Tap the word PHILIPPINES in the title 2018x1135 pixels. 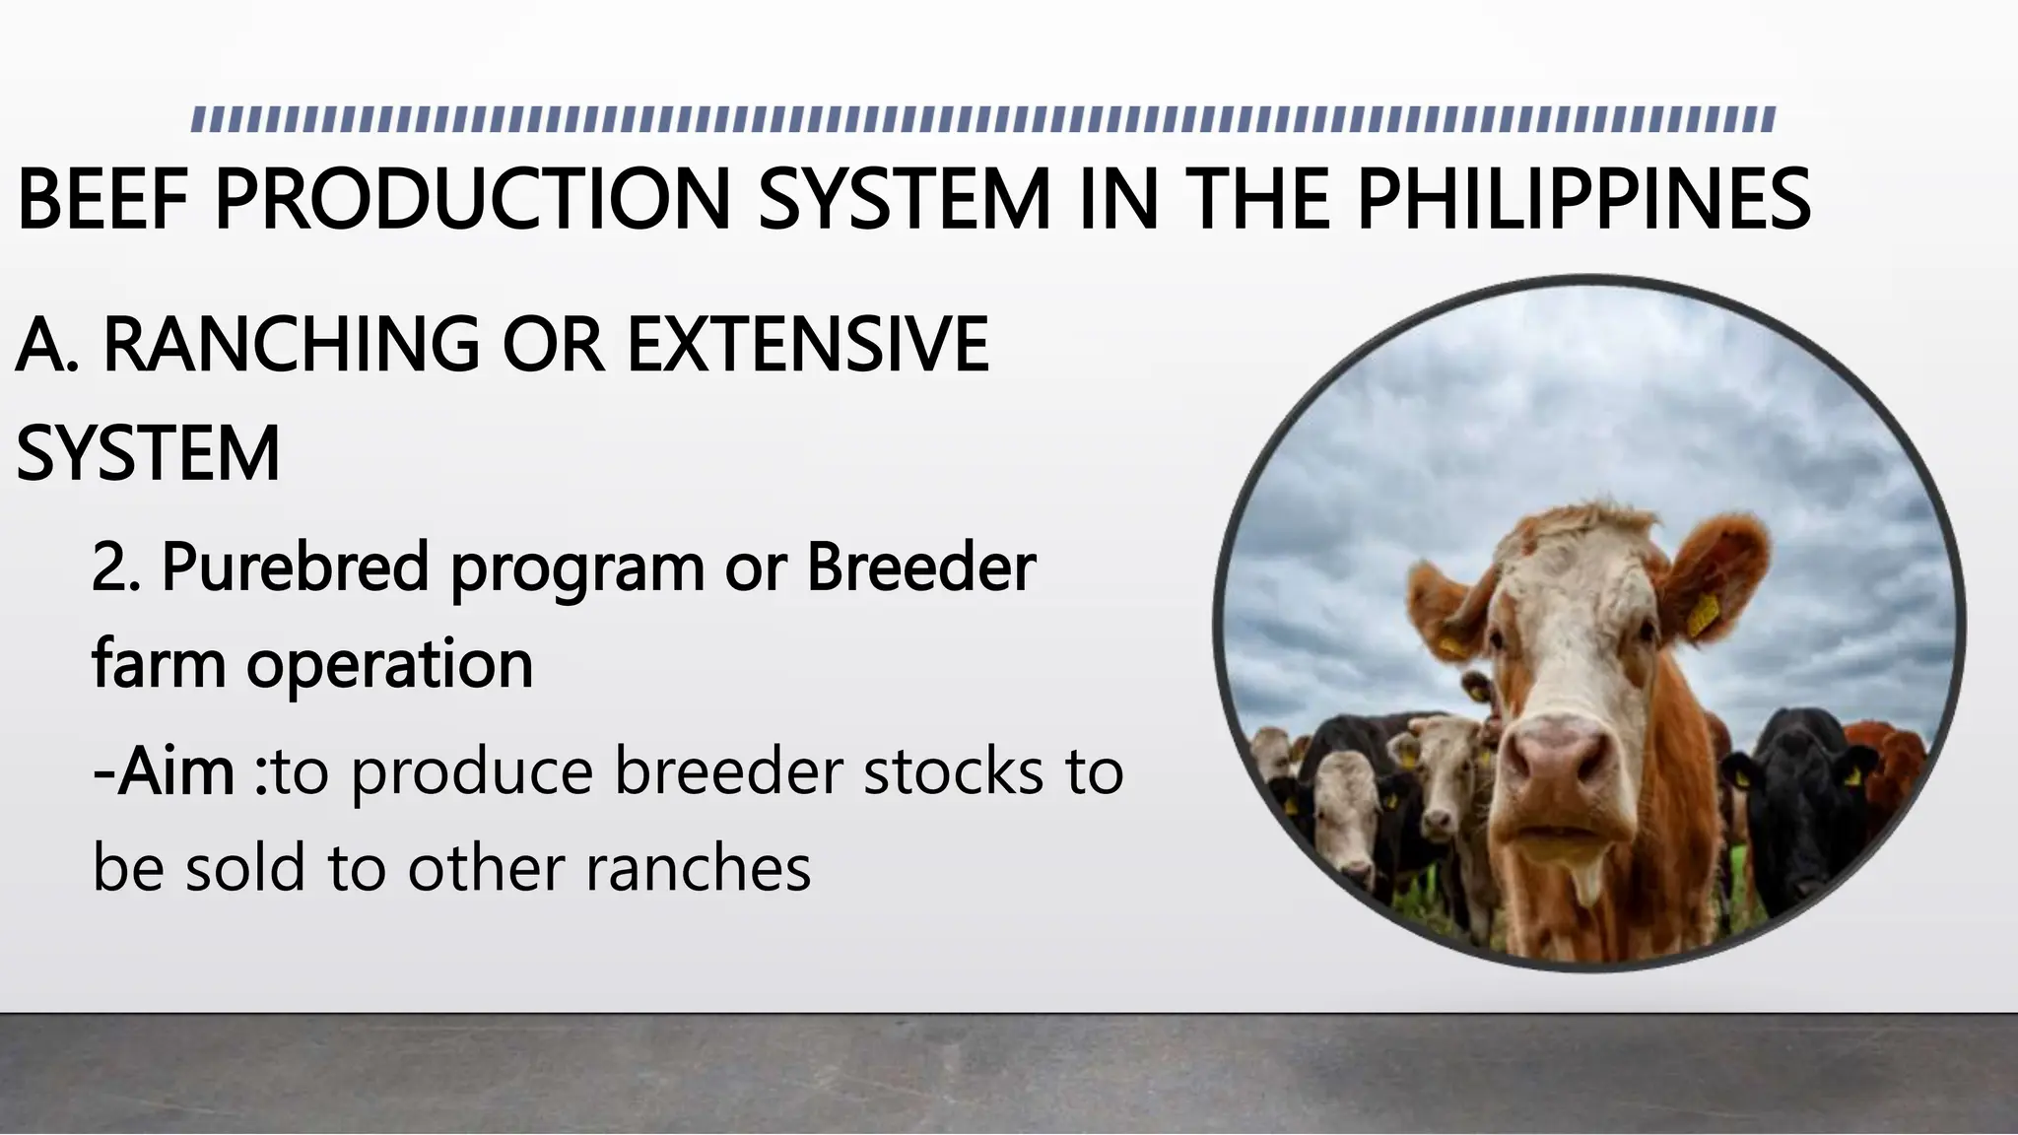pos(1583,200)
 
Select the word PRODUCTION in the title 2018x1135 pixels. pos(472,200)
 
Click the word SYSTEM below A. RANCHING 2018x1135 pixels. pos(148,454)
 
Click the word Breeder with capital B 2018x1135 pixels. pos(921,567)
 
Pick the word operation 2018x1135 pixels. pos(389,664)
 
